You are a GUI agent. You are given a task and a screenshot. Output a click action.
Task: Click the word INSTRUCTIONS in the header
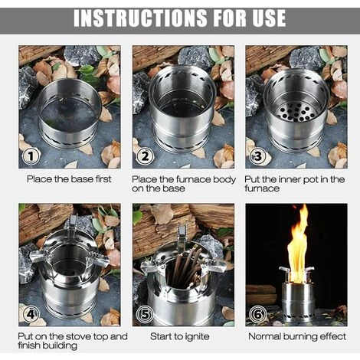click(140, 18)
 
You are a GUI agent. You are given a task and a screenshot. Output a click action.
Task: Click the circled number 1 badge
click(31, 156)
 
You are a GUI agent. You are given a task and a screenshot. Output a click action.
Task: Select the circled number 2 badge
click(145, 156)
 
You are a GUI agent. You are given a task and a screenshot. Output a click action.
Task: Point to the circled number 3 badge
click(257, 156)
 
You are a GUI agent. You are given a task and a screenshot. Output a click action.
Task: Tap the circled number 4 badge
click(31, 314)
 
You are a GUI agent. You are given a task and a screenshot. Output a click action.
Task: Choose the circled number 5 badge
click(145, 314)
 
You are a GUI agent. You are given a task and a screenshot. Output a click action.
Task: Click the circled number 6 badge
click(257, 314)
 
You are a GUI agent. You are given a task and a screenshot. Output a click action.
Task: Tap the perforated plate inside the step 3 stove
click(296, 113)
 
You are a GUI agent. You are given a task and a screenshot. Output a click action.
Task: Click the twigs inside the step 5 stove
click(185, 266)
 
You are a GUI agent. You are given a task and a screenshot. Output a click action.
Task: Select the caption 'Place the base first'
click(69, 179)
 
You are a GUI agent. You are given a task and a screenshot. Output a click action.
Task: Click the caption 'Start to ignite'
click(180, 336)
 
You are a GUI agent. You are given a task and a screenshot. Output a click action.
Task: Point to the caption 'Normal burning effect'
click(297, 336)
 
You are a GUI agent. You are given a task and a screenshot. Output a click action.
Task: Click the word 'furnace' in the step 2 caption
click(193, 179)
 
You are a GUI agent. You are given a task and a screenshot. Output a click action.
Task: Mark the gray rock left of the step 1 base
click(27, 87)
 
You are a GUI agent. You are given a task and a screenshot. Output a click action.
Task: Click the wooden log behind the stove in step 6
click(261, 293)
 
